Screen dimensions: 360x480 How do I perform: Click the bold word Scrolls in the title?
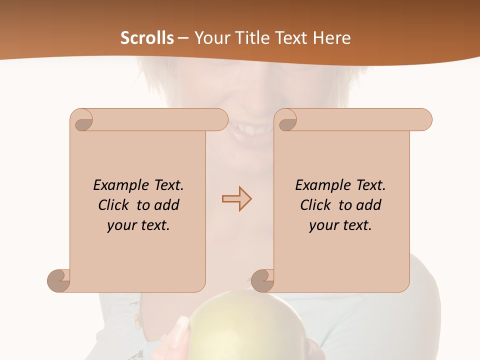coord(147,38)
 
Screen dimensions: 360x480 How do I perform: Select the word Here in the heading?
coord(331,38)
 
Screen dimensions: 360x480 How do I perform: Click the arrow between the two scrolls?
coord(236,199)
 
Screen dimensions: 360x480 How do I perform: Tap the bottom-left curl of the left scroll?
coord(59,280)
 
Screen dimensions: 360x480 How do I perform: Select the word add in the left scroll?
coord(167,205)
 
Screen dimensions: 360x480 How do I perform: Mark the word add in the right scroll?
coord(369,205)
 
